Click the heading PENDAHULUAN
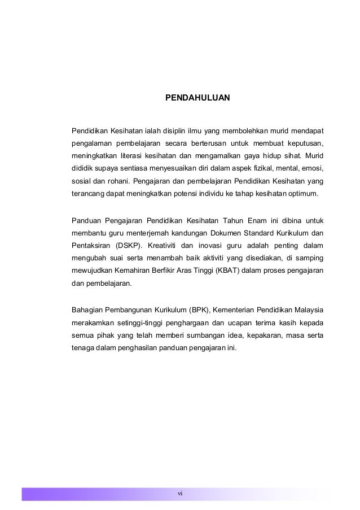point(197,98)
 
